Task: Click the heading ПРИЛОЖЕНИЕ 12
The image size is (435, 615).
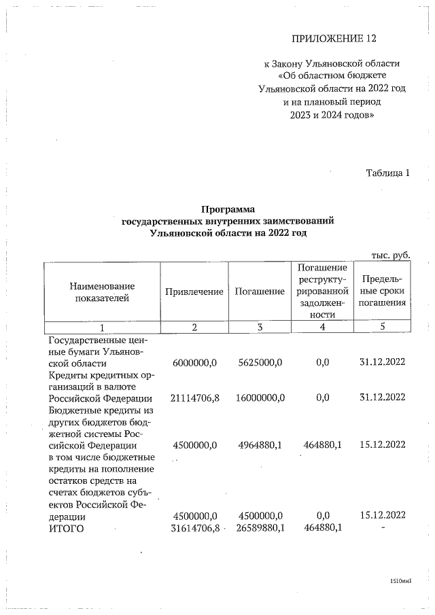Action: click(x=334, y=39)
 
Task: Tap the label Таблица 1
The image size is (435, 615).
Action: click(x=388, y=173)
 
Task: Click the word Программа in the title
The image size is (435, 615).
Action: click(x=228, y=209)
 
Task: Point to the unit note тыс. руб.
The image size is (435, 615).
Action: click(x=390, y=255)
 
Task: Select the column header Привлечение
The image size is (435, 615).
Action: click(x=194, y=292)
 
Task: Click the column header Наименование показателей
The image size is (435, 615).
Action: click(x=102, y=292)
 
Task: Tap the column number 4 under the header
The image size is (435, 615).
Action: click(x=322, y=327)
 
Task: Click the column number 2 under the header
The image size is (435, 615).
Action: click(x=194, y=327)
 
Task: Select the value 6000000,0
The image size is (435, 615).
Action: click(x=195, y=362)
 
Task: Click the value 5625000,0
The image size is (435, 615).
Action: click(x=260, y=362)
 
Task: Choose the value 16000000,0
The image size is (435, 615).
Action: click(x=260, y=398)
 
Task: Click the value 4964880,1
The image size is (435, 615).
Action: click(x=260, y=445)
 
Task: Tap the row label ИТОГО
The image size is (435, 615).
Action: click(x=66, y=527)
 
